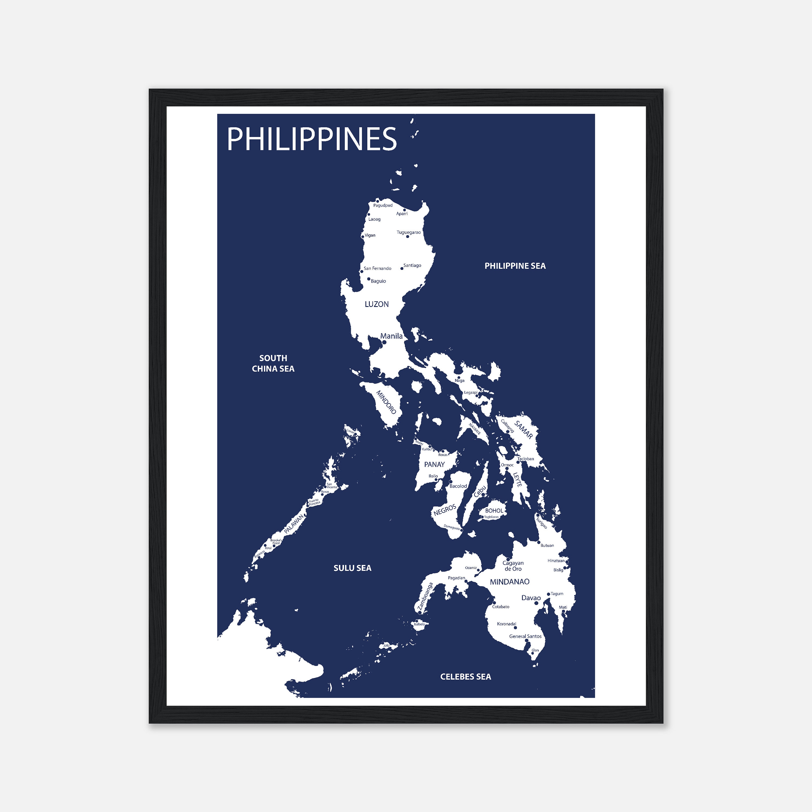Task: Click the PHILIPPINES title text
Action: click(312, 139)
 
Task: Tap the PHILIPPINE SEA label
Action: click(515, 266)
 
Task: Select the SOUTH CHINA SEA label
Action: click(273, 363)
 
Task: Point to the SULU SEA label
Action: click(352, 568)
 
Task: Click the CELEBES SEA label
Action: click(465, 676)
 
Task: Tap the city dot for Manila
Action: click(384, 342)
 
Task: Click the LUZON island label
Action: click(376, 304)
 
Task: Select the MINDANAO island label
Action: click(509, 582)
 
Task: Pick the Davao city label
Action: click(531, 598)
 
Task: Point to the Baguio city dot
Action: click(369, 279)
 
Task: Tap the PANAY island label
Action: click(434, 464)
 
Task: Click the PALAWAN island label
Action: click(293, 524)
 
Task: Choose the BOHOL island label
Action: click(494, 511)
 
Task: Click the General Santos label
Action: click(525, 636)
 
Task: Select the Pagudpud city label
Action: click(383, 205)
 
